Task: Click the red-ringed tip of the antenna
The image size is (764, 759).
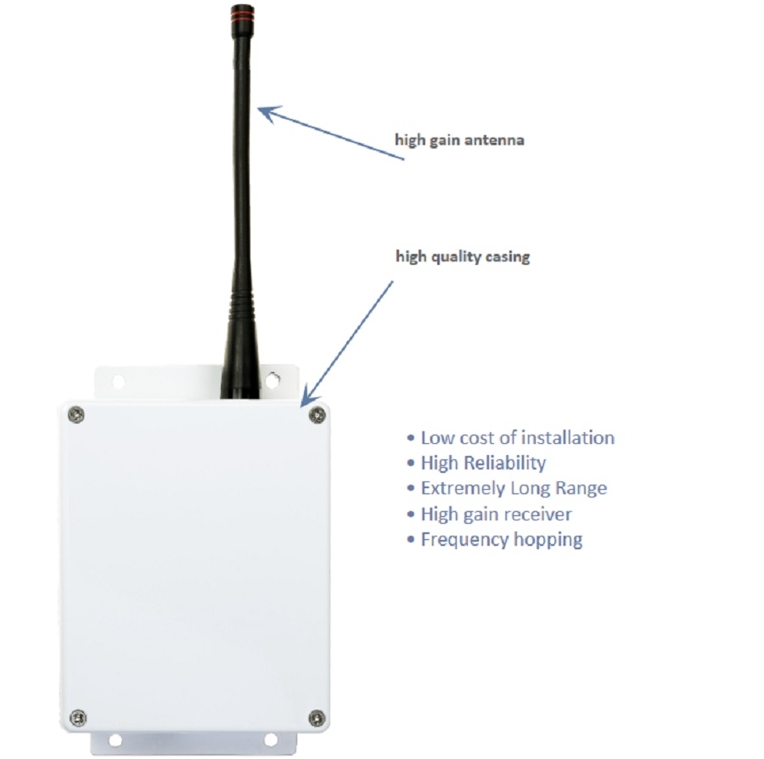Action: [x=242, y=14]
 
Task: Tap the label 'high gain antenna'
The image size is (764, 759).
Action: [x=459, y=140]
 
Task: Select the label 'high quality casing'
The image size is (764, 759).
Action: [x=463, y=256]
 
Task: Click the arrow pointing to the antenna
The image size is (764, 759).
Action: [x=331, y=132]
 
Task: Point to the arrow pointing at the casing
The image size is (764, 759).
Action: [x=347, y=344]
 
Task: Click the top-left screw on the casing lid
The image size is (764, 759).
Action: [x=76, y=415]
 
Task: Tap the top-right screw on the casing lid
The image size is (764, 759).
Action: [x=317, y=415]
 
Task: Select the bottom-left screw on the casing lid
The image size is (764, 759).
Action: [x=78, y=717]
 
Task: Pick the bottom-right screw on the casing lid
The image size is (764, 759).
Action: [x=317, y=718]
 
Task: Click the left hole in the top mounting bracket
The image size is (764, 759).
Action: [x=118, y=381]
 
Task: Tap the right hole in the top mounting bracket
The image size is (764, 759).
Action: [x=272, y=380]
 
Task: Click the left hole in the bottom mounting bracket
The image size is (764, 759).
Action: [x=115, y=740]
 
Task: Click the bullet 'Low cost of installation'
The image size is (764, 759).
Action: [x=511, y=437]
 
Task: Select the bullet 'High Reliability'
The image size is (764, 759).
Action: [x=476, y=464]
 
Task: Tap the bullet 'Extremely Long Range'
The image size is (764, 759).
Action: [x=507, y=489]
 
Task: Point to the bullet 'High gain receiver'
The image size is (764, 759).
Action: [x=489, y=514]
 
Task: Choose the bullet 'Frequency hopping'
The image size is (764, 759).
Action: [x=495, y=540]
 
